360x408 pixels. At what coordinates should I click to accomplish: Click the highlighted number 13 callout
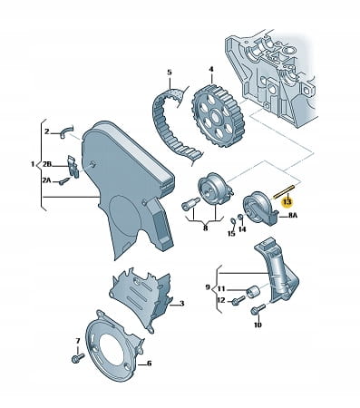(287, 201)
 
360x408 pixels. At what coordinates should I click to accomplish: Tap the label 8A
(292, 215)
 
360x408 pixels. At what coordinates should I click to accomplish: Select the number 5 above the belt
(170, 73)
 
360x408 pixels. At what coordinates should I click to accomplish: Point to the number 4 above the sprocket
(211, 69)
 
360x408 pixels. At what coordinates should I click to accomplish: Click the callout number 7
(78, 341)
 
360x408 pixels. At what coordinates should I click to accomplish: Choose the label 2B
(47, 164)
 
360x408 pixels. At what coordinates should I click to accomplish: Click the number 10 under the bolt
(258, 325)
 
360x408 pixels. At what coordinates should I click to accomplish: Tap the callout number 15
(231, 233)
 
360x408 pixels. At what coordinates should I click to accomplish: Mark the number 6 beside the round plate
(149, 364)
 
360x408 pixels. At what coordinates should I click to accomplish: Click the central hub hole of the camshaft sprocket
(217, 116)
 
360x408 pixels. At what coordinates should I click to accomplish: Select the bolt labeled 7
(78, 357)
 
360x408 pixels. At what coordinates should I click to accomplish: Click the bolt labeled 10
(258, 309)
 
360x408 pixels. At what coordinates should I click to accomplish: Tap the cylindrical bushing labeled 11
(253, 291)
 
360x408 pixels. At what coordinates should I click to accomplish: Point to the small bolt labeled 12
(238, 300)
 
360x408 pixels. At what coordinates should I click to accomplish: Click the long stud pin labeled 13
(283, 191)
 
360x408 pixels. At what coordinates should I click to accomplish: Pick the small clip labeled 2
(67, 131)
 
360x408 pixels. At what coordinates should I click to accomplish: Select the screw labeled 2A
(64, 181)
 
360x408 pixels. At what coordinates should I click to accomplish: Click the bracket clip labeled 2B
(73, 166)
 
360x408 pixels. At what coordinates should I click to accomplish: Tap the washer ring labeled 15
(233, 220)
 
